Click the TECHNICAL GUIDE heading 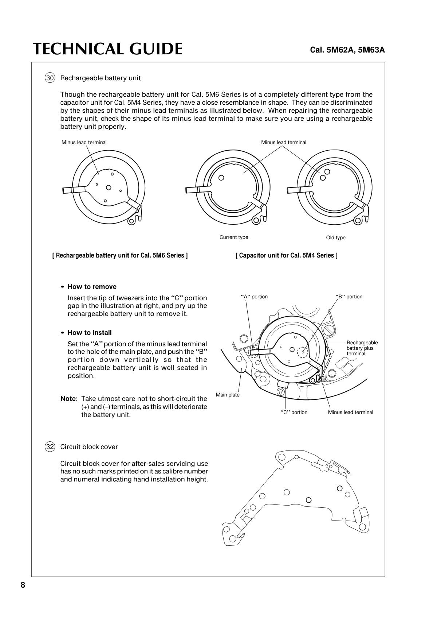click(107, 49)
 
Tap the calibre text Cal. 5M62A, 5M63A click(347, 50)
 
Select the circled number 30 click(50, 78)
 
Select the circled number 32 click(50, 447)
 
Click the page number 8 click(23, 585)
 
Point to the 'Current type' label click(234, 237)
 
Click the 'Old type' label click(336, 238)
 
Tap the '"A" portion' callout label click(254, 297)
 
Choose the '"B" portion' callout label click(349, 297)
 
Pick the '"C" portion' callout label click(294, 413)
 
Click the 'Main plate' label click(228, 395)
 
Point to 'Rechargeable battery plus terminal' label click(362, 348)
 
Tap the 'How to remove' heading click(92, 287)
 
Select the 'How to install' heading click(90, 333)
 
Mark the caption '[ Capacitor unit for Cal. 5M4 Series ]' click(286, 255)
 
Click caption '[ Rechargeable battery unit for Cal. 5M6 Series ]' click(120, 255)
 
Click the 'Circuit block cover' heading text click(89, 447)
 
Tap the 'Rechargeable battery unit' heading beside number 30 click(101, 78)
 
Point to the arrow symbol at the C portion click(281, 392)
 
